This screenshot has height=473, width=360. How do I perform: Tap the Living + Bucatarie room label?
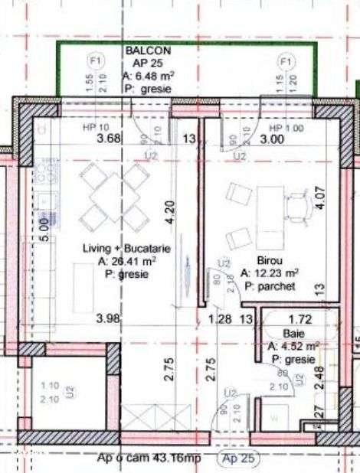(126, 250)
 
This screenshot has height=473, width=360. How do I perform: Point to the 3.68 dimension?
(109, 139)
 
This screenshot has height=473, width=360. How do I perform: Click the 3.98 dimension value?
(109, 318)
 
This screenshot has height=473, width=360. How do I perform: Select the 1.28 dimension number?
(221, 318)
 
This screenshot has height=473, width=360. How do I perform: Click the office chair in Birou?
(297, 205)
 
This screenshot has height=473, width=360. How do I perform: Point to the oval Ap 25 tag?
(238, 459)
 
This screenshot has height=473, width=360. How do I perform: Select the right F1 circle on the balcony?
(286, 60)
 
